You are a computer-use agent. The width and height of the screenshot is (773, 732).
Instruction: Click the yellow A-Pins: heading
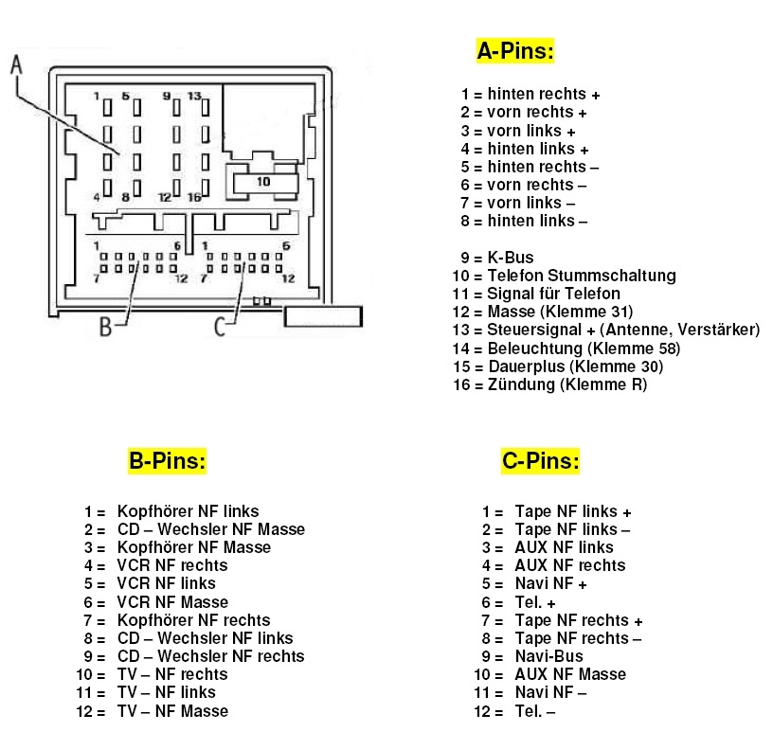(514, 51)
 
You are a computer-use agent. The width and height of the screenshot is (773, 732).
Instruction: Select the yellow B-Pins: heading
(167, 461)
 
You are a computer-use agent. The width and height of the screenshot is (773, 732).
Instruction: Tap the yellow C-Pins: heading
(540, 461)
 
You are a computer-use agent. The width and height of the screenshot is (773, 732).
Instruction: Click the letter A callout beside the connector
(16, 65)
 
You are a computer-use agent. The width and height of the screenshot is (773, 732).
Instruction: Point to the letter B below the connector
(106, 327)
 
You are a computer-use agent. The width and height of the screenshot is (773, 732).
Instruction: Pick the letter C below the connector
(220, 327)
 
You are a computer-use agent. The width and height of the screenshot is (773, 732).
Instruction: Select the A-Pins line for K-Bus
(510, 258)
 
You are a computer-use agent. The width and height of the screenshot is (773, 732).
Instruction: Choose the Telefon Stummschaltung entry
(581, 276)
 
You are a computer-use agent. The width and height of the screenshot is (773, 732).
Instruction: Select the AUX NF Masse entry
(569, 674)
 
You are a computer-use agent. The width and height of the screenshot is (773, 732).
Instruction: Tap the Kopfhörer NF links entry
(188, 511)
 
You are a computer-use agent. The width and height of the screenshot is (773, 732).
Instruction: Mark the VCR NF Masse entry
(172, 602)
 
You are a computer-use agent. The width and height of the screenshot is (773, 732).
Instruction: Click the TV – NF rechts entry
(172, 674)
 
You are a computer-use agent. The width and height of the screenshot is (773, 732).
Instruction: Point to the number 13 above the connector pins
(194, 96)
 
